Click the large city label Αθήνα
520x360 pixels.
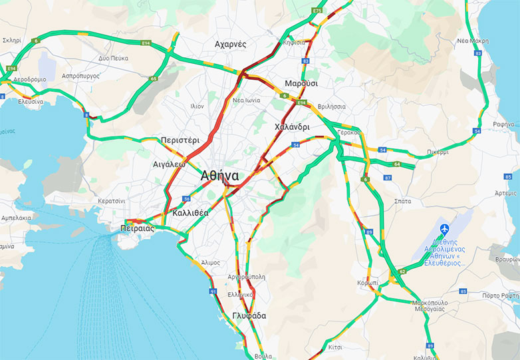click(219, 176)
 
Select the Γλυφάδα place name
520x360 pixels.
click(249, 315)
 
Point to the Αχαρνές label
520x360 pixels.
click(231, 44)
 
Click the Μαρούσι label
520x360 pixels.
click(301, 83)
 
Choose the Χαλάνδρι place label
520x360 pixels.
click(292, 126)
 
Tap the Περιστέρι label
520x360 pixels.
click(180, 140)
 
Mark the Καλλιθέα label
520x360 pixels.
click(190, 213)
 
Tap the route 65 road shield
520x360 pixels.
click(154, 79)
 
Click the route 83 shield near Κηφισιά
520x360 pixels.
click(305, 61)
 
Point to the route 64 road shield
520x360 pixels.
click(397, 164)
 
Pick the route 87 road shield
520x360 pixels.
click(388, 178)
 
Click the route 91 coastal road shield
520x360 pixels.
click(213, 291)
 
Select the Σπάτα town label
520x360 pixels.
click(402, 200)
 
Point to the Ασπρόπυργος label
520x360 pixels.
click(80, 76)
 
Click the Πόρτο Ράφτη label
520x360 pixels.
click(500, 295)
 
